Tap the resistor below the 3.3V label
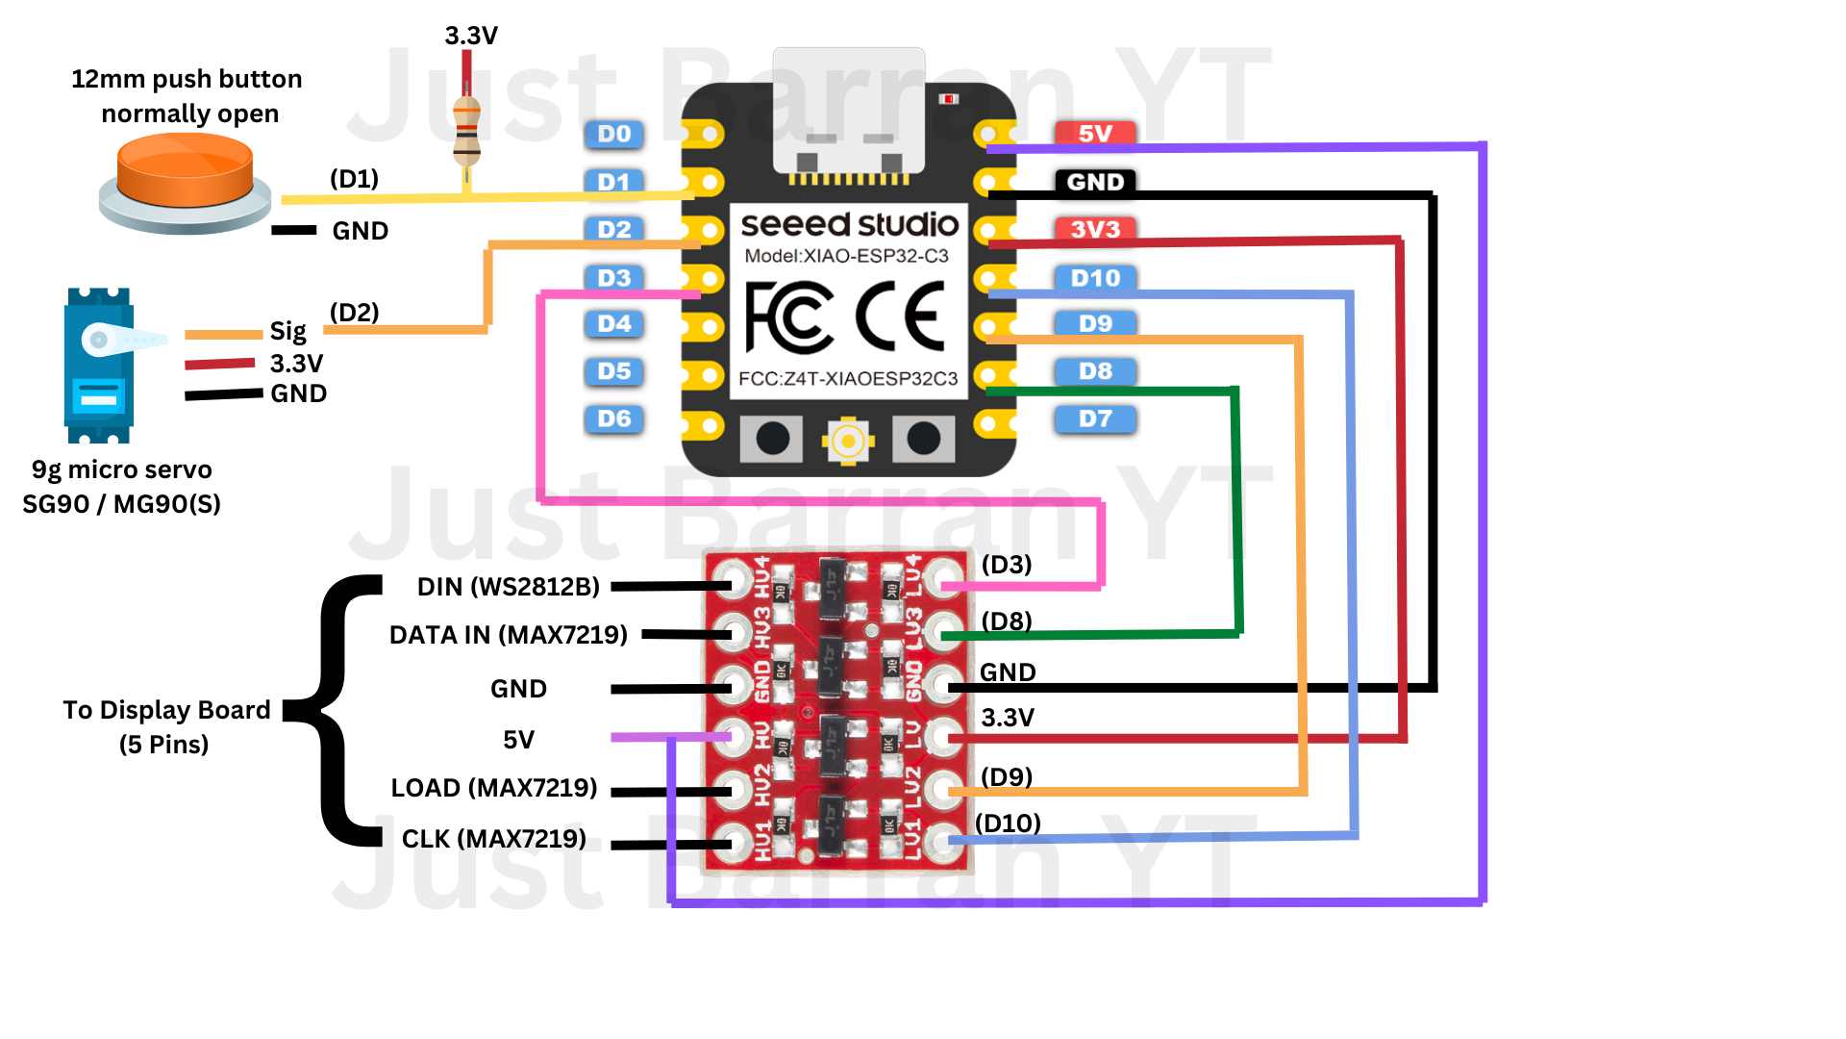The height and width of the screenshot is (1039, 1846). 466,129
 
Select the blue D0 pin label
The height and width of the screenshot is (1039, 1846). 614,134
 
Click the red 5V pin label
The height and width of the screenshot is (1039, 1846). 1095,133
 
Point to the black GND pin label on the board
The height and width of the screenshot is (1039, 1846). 1095,182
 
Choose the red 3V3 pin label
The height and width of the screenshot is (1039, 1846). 1095,229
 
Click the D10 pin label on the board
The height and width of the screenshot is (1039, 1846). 1095,278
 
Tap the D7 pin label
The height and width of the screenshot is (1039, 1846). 1095,418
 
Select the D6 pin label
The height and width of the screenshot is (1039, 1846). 614,418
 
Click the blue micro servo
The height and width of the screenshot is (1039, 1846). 99,366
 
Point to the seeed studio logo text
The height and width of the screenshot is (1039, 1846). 849,224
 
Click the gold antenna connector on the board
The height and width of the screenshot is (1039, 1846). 848,442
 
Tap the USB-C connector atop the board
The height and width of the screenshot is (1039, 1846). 849,111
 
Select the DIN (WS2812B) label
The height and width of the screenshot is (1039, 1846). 508,587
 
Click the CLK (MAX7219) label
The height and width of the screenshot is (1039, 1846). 493,839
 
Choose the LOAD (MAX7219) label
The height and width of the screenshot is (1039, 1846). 494,788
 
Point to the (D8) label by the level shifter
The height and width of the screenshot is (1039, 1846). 1007,621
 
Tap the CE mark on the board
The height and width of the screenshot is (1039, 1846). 900,317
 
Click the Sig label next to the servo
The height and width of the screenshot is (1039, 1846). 287,332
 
